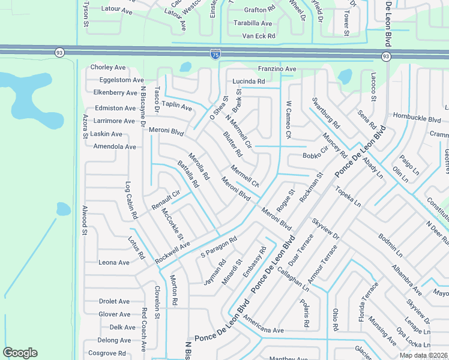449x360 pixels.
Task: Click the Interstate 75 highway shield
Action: [x=215, y=55]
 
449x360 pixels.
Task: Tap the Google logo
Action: [x=20, y=353]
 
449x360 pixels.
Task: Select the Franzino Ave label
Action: [x=277, y=69]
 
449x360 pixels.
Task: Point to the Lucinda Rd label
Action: [x=249, y=82]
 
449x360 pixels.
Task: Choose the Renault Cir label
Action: [x=166, y=200]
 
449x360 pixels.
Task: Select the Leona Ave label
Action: [x=114, y=262]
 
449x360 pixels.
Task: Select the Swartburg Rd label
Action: [x=327, y=114]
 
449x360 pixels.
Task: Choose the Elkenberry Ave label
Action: [x=115, y=92]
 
